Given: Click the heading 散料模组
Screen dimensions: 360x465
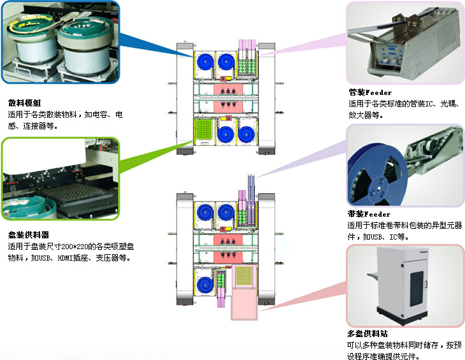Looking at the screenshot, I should tap(24, 103).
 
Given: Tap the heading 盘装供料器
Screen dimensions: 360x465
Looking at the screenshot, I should tap(28, 234).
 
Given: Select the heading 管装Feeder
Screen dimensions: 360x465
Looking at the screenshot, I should tap(369, 93).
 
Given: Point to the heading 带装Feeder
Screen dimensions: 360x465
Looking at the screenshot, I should tap(369, 214).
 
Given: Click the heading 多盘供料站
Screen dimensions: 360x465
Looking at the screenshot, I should tap(368, 334).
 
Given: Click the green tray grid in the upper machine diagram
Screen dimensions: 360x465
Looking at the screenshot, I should tap(206, 132).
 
